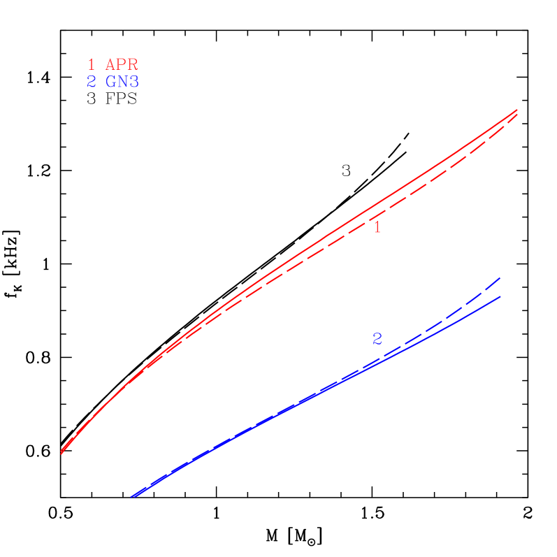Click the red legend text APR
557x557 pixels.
click(122, 64)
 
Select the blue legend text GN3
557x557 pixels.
click(122, 82)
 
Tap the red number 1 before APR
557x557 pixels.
click(92, 64)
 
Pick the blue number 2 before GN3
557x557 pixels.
click(92, 82)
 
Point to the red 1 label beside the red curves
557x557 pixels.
click(377, 228)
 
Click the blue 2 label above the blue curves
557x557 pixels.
click(377, 339)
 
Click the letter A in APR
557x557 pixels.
click(110, 64)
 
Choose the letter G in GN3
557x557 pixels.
click(110, 82)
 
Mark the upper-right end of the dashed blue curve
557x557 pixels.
click(500, 277)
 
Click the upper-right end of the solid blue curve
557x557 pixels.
click(500, 296)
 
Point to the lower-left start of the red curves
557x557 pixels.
click(62, 453)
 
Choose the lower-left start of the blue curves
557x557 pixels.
click(131, 497)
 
